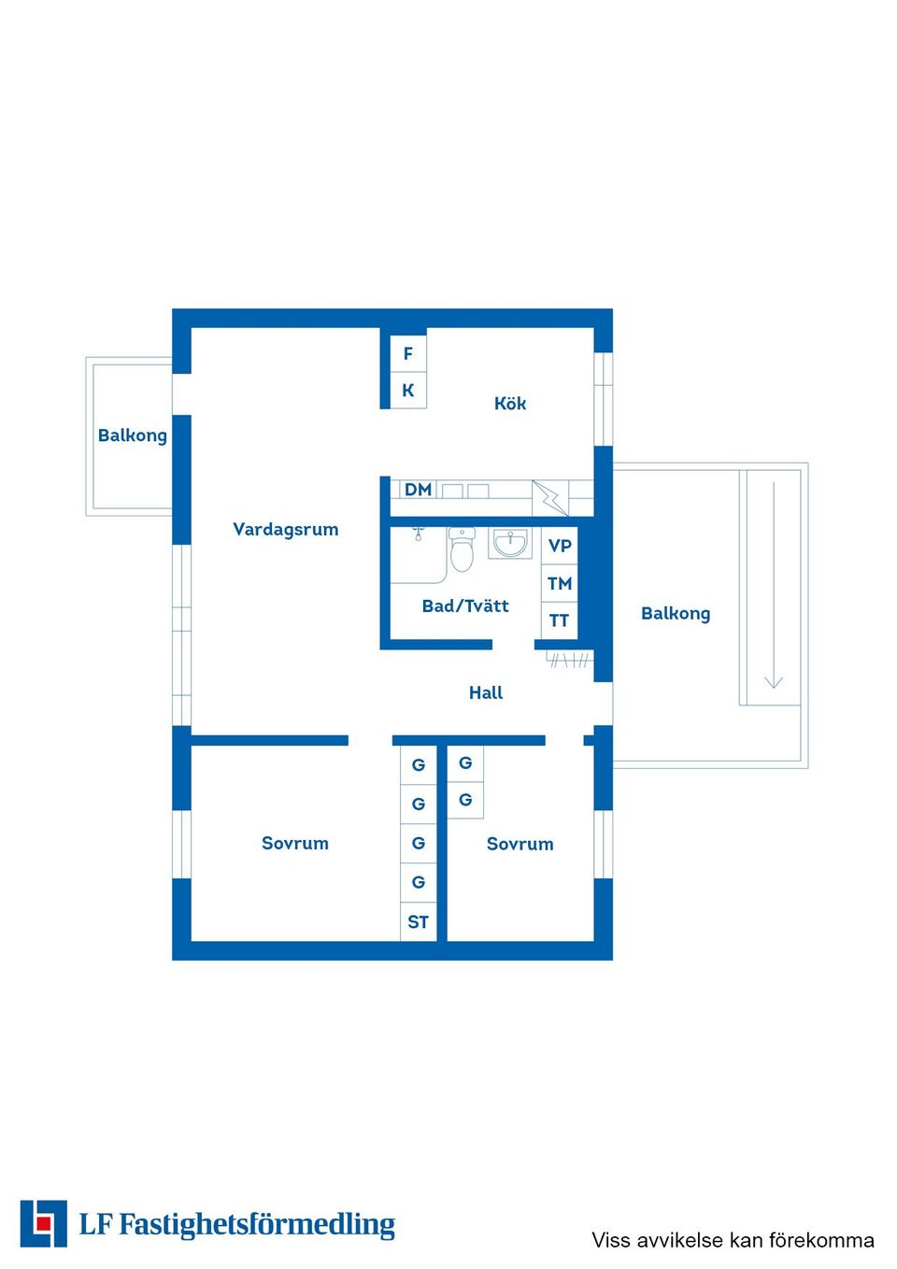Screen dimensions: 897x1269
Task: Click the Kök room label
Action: click(x=509, y=404)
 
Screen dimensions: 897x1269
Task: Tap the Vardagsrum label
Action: click(x=285, y=530)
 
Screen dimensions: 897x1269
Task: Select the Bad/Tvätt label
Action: click(x=465, y=606)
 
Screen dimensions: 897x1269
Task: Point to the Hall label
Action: click(x=485, y=692)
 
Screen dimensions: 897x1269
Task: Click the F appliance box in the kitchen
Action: click(x=408, y=354)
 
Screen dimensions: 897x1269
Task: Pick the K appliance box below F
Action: click(x=408, y=391)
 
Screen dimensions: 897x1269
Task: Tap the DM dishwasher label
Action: click(x=418, y=490)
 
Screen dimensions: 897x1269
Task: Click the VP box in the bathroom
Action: click(x=560, y=546)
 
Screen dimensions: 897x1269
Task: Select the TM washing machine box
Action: click(x=560, y=583)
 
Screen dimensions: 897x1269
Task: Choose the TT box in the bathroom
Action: click(x=560, y=620)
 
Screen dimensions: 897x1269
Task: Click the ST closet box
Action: click(x=419, y=922)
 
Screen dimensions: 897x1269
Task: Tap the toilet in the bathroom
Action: click(x=463, y=549)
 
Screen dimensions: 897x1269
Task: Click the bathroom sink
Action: click(x=510, y=543)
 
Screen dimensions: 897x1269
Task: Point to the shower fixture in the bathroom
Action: click(x=418, y=533)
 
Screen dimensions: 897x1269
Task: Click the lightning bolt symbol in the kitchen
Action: click(x=549, y=499)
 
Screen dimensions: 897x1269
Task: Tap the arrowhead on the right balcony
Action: click(x=774, y=682)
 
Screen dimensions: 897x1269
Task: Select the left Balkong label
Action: click(x=133, y=435)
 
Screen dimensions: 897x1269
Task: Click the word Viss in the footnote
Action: click(x=611, y=1240)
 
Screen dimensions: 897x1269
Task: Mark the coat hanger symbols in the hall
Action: click(x=570, y=660)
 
